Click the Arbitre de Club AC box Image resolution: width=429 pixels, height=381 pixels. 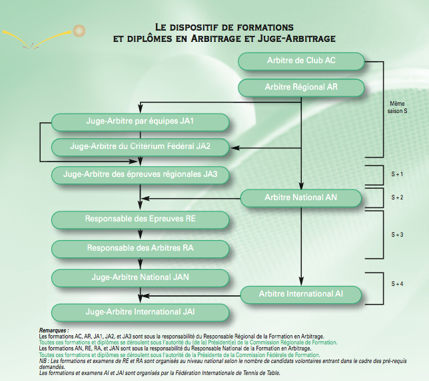pyautogui.click(x=301, y=62)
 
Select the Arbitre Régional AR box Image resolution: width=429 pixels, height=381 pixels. pyautogui.click(x=301, y=88)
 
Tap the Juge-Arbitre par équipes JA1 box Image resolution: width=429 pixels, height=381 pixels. pyautogui.click(x=140, y=122)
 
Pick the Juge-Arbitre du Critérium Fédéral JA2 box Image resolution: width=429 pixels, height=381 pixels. pyautogui.click(x=140, y=146)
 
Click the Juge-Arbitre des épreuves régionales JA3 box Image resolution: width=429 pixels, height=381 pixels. pyautogui.click(x=140, y=175)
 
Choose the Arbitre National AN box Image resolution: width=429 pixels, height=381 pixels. pyautogui.click(x=301, y=197)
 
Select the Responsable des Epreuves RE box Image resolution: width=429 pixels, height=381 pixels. pyautogui.click(x=140, y=219)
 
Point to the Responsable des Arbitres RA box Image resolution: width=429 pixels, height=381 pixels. pyautogui.click(x=140, y=248)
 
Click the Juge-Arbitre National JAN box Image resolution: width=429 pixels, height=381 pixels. pyautogui.click(x=140, y=277)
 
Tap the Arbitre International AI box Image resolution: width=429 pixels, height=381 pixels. pyautogui.click(x=301, y=294)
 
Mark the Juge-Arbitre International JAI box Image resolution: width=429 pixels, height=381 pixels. pyautogui.click(x=140, y=311)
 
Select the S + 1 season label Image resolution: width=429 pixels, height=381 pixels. pyautogui.click(x=397, y=174)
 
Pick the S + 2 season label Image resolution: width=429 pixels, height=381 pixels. pyautogui.click(x=397, y=197)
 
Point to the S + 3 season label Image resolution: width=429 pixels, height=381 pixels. pyautogui.click(x=397, y=235)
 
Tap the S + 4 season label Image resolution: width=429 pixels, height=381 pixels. pyautogui.click(x=397, y=284)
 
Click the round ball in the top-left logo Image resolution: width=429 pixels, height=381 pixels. pyautogui.click(x=79, y=30)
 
